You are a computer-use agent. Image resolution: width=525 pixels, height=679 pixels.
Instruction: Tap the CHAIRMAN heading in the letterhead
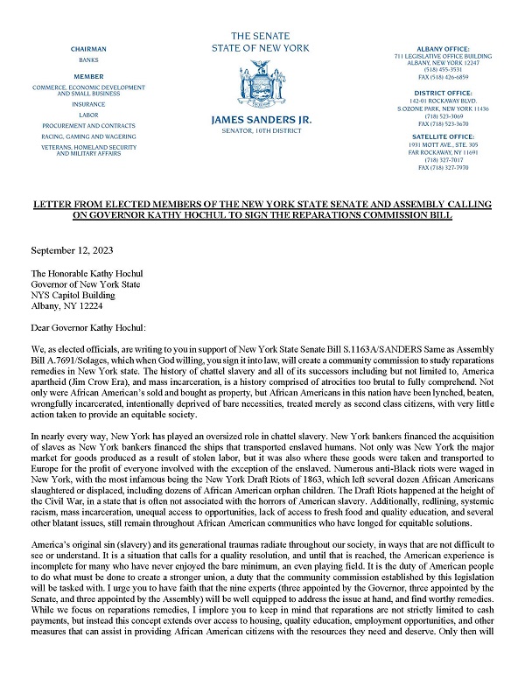click(x=87, y=51)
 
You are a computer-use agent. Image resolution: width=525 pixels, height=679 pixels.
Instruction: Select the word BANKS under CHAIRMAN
click(x=87, y=61)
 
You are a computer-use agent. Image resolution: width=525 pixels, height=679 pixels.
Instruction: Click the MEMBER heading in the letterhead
click(x=87, y=76)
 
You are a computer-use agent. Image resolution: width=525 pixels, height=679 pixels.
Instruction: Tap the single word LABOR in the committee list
click(x=87, y=115)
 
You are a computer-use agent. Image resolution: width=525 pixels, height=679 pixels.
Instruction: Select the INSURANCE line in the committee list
click(x=87, y=103)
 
